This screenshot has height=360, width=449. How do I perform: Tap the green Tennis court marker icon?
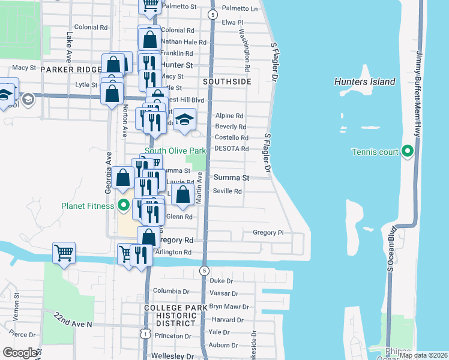pyautogui.click(x=408, y=151)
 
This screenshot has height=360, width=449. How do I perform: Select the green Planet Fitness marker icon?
pyautogui.click(x=124, y=206)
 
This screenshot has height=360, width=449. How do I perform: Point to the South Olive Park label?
pyautogui.click(x=175, y=150)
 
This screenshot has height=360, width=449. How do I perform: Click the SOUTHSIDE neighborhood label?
pyautogui.click(x=227, y=81)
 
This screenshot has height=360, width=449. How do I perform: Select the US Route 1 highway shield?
pyautogui.click(x=145, y=332)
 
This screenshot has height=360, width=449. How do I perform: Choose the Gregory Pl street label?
pyautogui.click(x=268, y=233)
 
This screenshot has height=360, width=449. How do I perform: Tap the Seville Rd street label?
pyautogui.click(x=228, y=191)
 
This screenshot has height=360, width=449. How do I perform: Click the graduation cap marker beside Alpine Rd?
pyautogui.click(x=185, y=119)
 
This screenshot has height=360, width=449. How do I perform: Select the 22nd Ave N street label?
pyautogui.click(x=73, y=319)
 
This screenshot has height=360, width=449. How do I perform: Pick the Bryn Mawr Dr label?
pyautogui.click(x=224, y=307)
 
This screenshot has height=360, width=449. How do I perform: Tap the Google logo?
pyautogui.click(x=20, y=353)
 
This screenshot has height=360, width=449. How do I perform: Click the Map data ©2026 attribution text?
pyautogui.click(x=423, y=355)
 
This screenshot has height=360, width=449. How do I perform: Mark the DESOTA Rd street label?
pyautogui.click(x=232, y=148)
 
